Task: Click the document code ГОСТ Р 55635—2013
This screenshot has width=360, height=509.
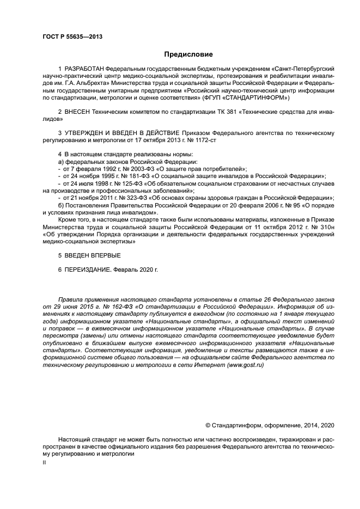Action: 72,37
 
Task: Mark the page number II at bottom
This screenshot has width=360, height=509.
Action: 44,462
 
